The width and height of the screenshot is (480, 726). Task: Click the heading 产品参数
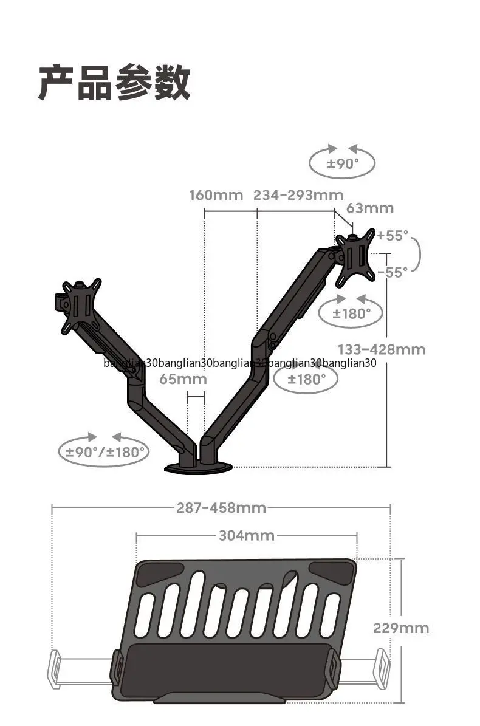coord(114,83)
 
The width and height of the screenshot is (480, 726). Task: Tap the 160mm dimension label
coord(216,195)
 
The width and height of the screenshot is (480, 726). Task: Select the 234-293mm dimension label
coord(298,195)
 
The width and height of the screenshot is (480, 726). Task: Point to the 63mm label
coord(370,208)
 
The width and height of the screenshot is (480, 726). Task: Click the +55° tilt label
coord(393,235)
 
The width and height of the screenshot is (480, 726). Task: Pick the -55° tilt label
coord(393,272)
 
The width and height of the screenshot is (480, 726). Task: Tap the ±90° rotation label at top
coord(343,163)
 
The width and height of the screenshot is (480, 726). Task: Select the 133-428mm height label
coord(382,349)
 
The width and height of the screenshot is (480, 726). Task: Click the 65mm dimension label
coord(183,378)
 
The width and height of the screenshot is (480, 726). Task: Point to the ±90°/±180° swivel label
coord(105,452)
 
